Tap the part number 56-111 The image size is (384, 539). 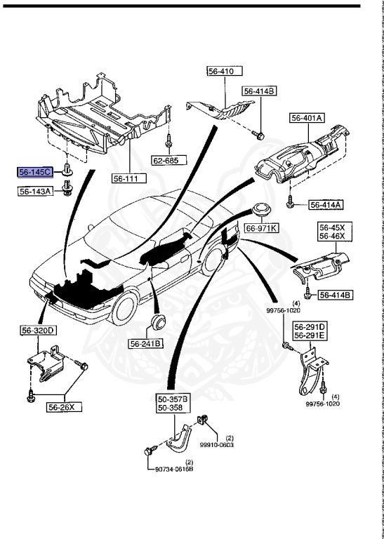pyautogui.click(x=128, y=178)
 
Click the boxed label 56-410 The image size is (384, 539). pyautogui.click(x=224, y=71)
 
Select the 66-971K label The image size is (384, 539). pyautogui.click(x=261, y=228)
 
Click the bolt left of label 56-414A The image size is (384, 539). pyautogui.click(x=290, y=204)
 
